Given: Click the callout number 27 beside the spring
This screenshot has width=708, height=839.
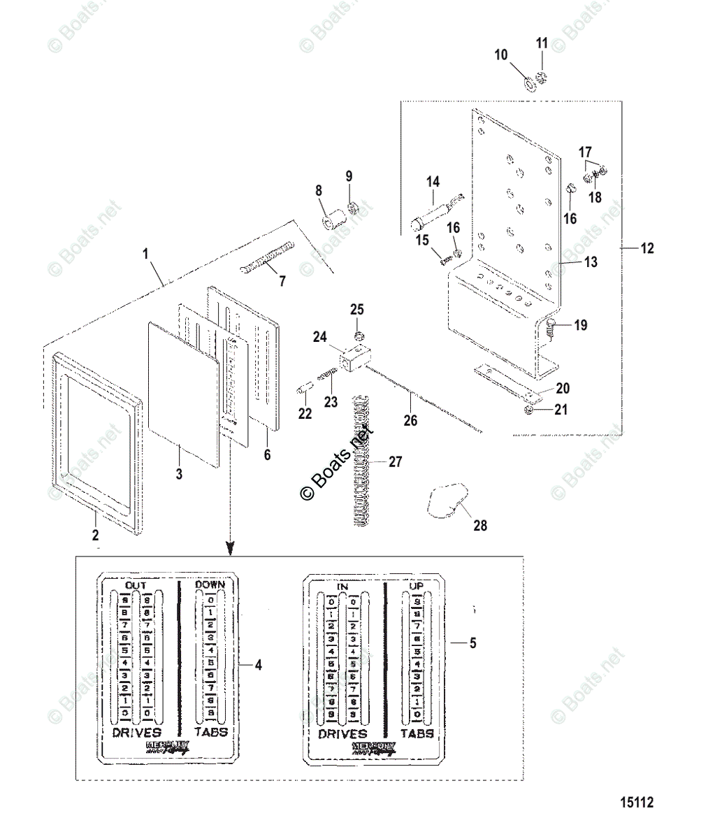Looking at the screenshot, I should [x=396, y=462].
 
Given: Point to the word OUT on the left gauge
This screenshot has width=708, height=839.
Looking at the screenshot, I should [x=135, y=584].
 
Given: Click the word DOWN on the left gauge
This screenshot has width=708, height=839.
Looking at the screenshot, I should [x=210, y=584].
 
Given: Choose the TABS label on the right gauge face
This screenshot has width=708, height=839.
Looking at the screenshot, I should [x=417, y=733].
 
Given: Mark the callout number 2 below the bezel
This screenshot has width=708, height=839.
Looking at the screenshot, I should [x=95, y=536].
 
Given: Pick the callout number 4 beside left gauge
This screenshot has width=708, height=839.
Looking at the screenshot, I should [x=258, y=665].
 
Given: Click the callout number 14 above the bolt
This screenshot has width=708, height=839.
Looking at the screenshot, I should [x=433, y=182].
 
